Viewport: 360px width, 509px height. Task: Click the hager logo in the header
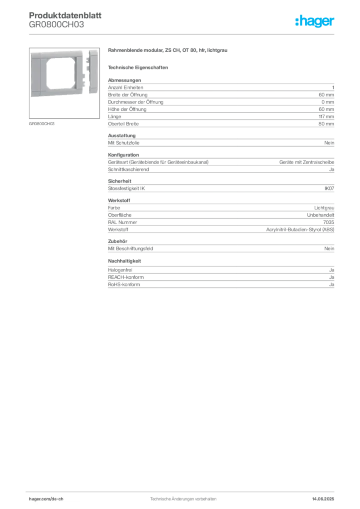[x=315, y=21]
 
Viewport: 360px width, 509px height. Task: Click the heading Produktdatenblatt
[x=65, y=15]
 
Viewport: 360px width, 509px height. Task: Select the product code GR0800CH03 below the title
[x=57, y=25]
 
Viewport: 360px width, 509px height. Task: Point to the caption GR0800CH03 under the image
[x=42, y=124]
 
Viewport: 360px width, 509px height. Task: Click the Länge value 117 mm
[x=326, y=116]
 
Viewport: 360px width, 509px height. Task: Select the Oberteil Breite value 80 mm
[x=326, y=124]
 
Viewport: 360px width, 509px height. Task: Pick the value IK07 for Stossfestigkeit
[x=329, y=188]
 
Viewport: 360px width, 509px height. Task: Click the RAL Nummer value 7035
[x=329, y=222]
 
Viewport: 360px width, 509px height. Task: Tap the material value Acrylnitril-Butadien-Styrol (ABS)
[x=300, y=230]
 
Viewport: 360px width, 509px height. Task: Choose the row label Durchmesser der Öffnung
[x=136, y=102]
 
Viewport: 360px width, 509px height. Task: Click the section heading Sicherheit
[x=119, y=181]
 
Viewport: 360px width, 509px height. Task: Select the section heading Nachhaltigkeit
[x=124, y=261]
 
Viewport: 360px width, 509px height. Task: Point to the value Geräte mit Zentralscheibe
[x=307, y=162]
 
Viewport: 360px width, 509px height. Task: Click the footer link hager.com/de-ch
[x=46, y=499]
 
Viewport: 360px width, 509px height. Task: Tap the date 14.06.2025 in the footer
[x=323, y=499]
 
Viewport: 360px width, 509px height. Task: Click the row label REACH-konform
[x=126, y=277]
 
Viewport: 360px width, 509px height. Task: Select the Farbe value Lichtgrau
[x=324, y=208]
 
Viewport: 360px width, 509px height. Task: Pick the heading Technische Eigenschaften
[x=138, y=68]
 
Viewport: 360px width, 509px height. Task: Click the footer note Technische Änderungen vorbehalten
[x=183, y=499]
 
